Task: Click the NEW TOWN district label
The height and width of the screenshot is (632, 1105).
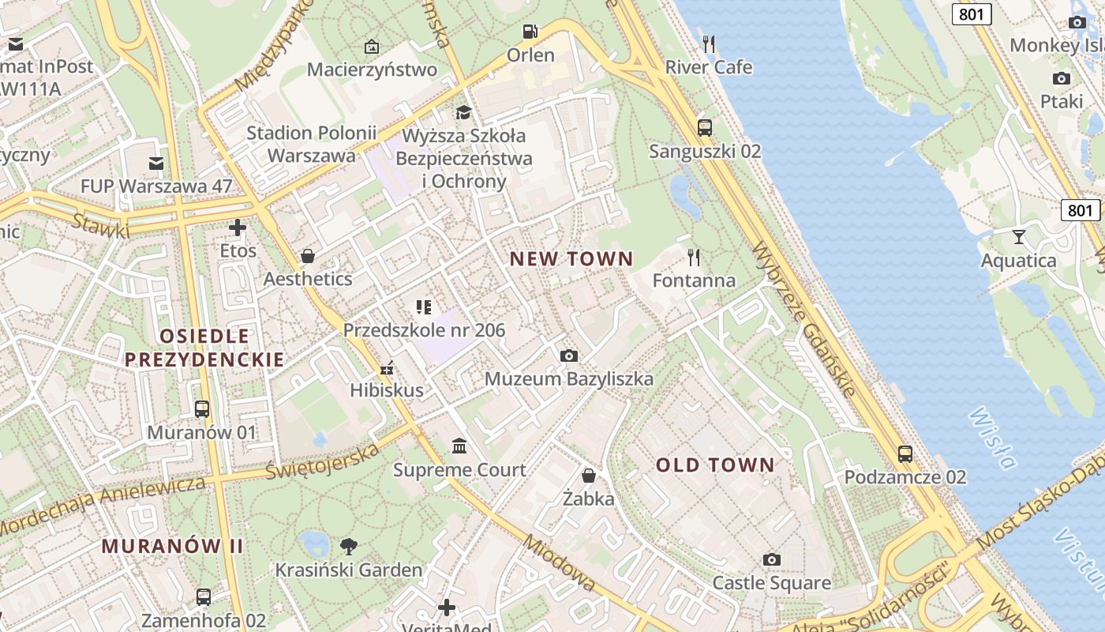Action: [571, 258]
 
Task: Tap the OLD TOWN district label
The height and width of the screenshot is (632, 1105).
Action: [715, 465]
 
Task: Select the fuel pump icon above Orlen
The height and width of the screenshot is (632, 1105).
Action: [530, 32]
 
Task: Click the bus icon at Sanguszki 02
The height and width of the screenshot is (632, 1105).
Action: [705, 127]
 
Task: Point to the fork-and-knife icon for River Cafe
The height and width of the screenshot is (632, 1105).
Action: [709, 44]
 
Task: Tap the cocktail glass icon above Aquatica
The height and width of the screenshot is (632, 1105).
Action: [1018, 236]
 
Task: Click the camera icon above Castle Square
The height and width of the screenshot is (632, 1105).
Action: [772, 559]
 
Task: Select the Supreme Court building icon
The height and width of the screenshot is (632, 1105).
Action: [459, 446]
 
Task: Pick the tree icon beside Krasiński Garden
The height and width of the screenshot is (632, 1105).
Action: [348, 546]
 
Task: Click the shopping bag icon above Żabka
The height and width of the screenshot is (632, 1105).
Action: [588, 475]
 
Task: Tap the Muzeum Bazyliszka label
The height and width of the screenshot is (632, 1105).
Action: [568, 379]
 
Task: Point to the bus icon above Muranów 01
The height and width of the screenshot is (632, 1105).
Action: [202, 408]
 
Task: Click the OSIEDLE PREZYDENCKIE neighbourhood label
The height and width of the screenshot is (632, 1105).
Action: [204, 348]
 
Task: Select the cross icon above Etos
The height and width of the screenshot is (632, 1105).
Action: [237, 228]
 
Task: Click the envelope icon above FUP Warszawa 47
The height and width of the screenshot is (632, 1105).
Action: [156, 164]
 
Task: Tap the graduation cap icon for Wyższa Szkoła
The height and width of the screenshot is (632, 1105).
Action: [463, 113]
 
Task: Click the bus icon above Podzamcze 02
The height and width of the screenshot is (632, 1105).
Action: [905, 454]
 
